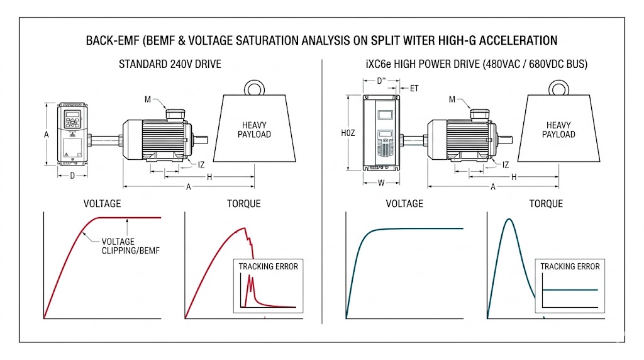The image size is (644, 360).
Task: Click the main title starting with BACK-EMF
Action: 321,41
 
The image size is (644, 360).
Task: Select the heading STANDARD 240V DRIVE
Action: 170,65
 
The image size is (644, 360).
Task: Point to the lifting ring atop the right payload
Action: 558,87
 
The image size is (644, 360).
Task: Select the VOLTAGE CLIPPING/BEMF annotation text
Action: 118,246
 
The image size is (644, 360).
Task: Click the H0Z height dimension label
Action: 348,133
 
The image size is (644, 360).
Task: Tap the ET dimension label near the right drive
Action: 414,89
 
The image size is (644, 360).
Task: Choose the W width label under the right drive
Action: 382,184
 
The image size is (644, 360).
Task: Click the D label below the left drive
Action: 72,176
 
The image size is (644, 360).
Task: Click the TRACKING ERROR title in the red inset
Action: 268,266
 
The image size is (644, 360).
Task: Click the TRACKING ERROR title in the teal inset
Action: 570,266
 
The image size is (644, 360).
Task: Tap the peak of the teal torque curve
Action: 508,220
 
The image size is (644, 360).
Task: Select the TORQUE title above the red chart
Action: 243,203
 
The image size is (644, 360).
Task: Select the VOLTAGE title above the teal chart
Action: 404,203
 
